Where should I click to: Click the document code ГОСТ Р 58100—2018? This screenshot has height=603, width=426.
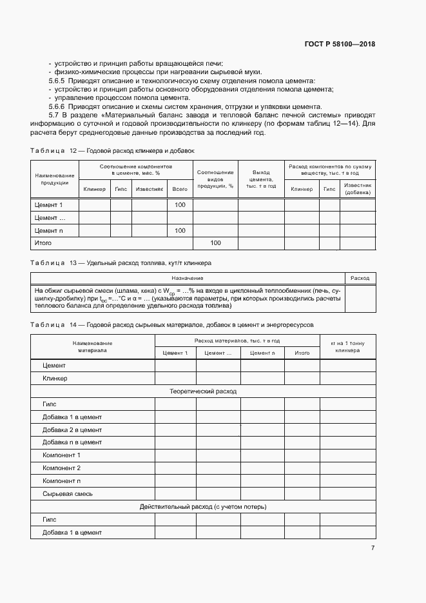click(340, 44)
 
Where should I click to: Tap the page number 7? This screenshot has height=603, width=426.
click(373, 548)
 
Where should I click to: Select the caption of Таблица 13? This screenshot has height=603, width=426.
click(121, 263)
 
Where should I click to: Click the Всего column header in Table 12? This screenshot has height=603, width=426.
click(180, 189)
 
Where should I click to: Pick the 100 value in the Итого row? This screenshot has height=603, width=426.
click(215, 243)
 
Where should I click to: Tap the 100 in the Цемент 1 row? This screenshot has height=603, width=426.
click(180, 204)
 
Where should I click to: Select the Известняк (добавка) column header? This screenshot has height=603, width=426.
click(358, 189)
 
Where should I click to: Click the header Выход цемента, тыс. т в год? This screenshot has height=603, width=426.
click(262, 179)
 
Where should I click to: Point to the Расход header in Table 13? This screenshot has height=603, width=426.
click(360, 278)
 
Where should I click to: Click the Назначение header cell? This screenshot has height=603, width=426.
click(188, 278)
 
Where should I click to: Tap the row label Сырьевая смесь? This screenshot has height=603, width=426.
click(67, 493)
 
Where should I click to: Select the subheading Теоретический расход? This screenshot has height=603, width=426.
click(203, 391)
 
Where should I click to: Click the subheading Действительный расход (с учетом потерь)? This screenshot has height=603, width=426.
click(203, 507)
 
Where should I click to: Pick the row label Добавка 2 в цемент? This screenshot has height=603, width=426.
click(72, 430)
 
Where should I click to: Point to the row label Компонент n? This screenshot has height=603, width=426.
click(61, 480)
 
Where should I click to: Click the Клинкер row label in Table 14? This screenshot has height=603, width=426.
click(55, 378)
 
